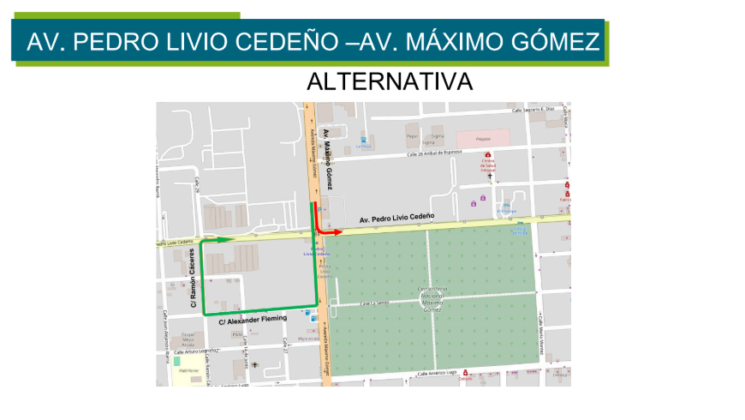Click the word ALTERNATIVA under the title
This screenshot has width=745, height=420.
coord(390,82)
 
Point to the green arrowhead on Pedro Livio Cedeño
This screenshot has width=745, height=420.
coord(229,240)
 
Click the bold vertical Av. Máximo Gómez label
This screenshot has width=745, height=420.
coord(327,159)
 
